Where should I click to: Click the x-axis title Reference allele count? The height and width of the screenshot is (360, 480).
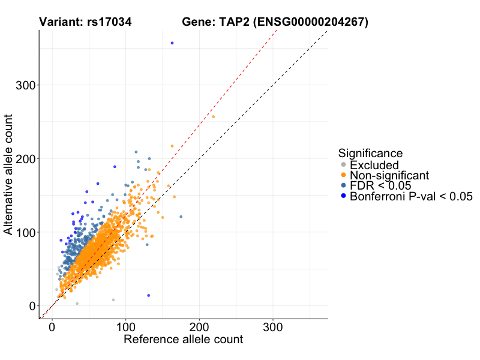pos(183,340)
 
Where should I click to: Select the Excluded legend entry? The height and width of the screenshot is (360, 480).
pos(374,165)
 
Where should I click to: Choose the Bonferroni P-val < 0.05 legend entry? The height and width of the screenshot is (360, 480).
pos(411,196)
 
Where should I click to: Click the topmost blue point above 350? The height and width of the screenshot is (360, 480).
pos(172,43)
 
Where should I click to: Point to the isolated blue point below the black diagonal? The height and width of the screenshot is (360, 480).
pos(149,295)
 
